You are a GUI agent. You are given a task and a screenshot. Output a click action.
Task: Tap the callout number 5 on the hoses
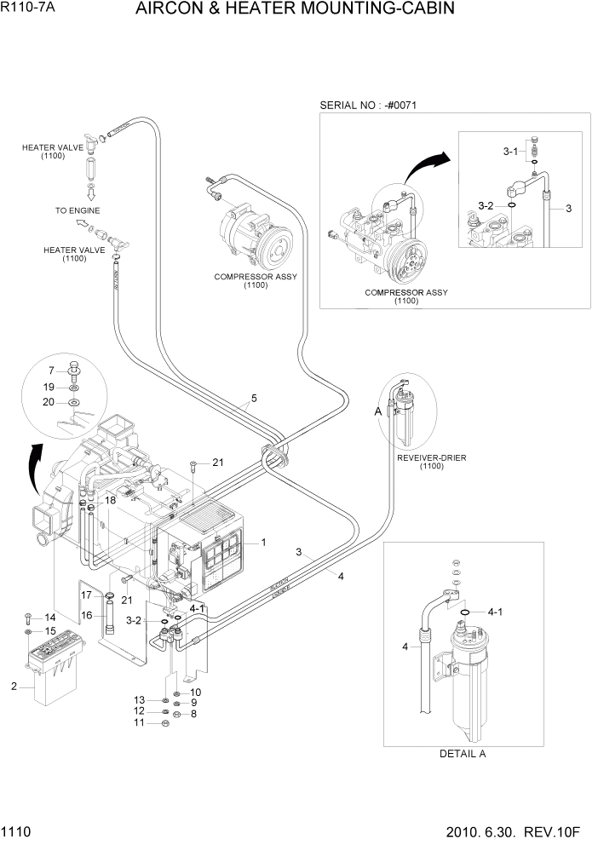tap(252, 398)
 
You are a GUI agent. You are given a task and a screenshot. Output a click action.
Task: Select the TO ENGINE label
tap(78, 210)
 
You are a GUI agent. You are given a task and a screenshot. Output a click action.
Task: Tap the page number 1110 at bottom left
tap(17, 831)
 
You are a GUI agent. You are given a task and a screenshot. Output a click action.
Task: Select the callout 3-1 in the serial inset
tap(510, 151)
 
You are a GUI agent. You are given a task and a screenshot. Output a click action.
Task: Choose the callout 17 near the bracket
tap(85, 595)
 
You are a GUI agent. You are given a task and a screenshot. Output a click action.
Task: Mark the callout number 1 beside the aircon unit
tap(264, 542)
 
